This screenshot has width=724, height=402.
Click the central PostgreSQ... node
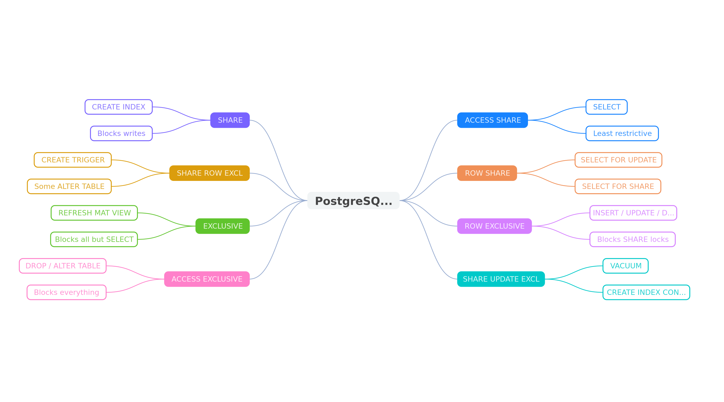pyautogui.click(x=353, y=200)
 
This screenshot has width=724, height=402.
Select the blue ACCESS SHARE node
pyautogui.click(x=492, y=120)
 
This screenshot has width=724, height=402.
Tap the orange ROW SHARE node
pyautogui.click(x=487, y=173)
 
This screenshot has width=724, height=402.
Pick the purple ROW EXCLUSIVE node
pyautogui.click(x=494, y=226)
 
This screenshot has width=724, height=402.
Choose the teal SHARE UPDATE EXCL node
pyautogui.click(x=501, y=279)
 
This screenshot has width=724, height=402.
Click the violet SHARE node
pyautogui.click(x=230, y=120)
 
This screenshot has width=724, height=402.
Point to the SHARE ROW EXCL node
pyautogui.click(x=209, y=173)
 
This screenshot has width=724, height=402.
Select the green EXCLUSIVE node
pyautogui.click(x=223, y=226)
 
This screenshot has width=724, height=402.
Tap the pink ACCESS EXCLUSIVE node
pyautogui.click(x=207, y=279)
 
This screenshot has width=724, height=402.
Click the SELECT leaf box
pyautogui.click(x=607, y=107)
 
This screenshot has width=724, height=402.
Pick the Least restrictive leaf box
pyautogui.click(x=622, y=133)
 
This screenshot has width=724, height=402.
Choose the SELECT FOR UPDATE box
pyautogui.click(x=618, y=160)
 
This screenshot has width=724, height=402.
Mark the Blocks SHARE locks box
pyautogui.click(x=632, y=239)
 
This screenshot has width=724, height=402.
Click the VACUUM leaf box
pyautogui.click(x=625, y=266)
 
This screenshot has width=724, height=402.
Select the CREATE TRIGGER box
pyautogui.click(x=73, y=160)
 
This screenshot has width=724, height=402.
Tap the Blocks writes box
pyautogui.click(x=121, y=133)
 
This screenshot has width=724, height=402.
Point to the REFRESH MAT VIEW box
pyautogui.click(x=94, y=213)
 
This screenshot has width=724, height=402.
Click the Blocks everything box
pyautogui.click(x=67, y=292)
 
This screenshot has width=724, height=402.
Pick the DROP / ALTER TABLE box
pyautogui.click(x=63, y=266)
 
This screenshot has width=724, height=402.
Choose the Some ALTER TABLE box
pyautogui.click(x=69, y=186)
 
